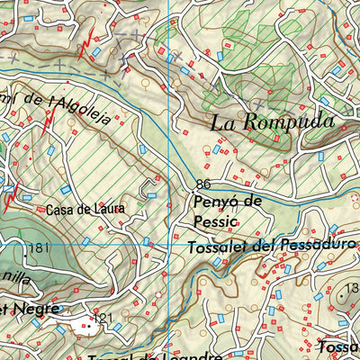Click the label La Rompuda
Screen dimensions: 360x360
point(273,122)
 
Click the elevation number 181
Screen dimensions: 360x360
point(37,247)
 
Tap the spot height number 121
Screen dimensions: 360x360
point(105,319)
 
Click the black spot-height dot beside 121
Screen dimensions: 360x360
point(92,318)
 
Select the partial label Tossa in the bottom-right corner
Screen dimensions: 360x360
point(341,347)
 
